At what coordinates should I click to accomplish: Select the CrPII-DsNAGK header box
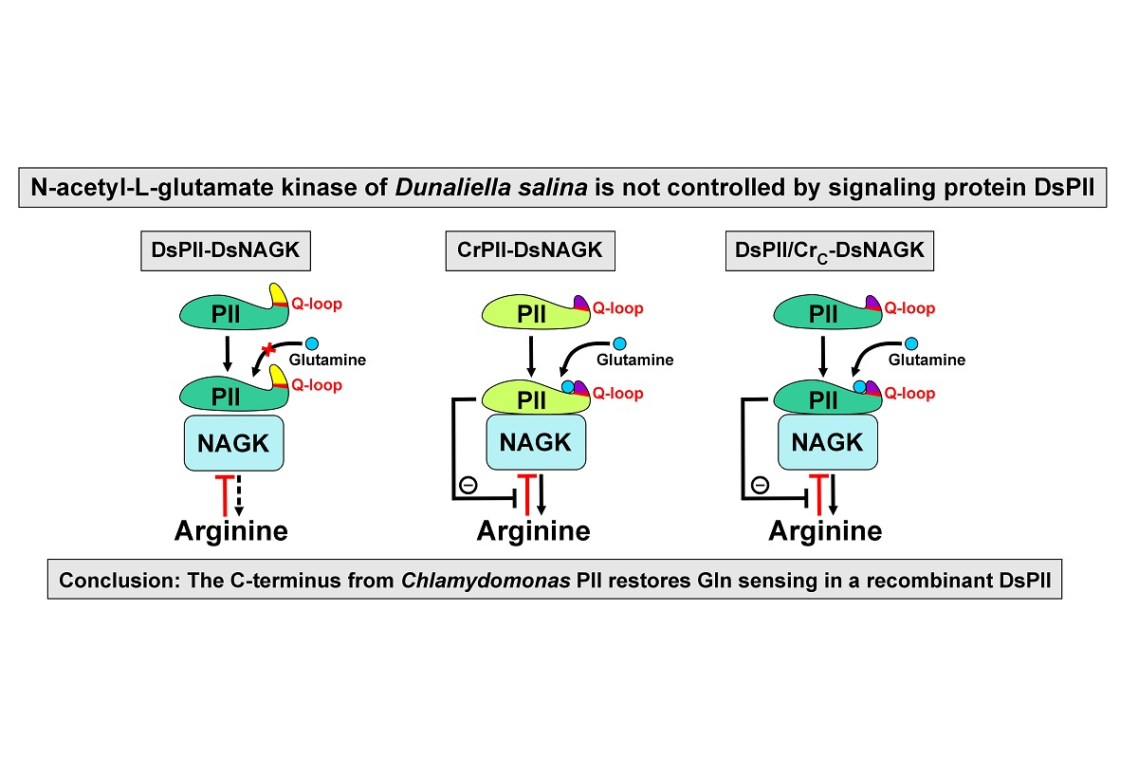pyautogui.click(x=530, y=251)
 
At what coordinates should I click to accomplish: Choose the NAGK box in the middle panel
pyautogui.click(x=535, y=442)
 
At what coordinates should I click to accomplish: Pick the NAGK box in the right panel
pyautogui.click(x=827, y=442)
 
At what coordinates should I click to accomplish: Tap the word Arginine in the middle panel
pyautogui.click(x=533, y=530)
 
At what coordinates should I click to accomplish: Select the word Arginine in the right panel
pyautogui.click(x=825, y=530)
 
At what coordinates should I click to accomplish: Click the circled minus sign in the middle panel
pyautogui.click(x=468, y=485)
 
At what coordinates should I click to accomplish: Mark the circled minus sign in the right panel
pyautogui.click(x=760, y=485)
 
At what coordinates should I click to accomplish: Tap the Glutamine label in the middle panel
pyautogui.click(x=634, y=360)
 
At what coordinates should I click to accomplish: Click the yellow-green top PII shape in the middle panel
pyautogui.click(x=526, y=313)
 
